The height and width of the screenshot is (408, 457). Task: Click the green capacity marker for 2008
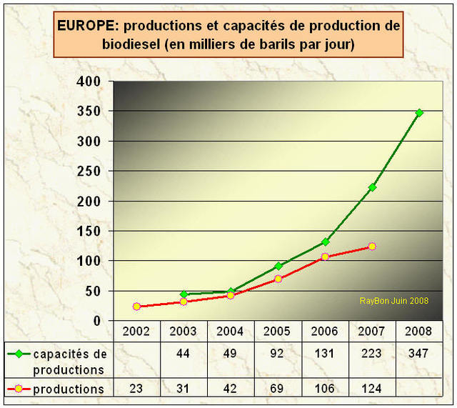[x=419, y=113]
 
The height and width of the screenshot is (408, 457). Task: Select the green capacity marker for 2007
[x=372, y=187]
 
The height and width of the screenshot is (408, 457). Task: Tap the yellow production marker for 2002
[x=136, y=307]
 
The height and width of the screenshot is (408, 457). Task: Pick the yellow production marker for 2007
[x=372, y=247]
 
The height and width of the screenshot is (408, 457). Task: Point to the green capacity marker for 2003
[x=184, y=294]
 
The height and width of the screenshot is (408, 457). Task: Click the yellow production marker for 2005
[x=278, y=279]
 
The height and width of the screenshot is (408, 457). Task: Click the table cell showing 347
[x=419, y=354]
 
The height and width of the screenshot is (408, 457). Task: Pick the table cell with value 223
[x=372, y=354]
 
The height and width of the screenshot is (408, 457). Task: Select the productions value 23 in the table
[x=136, y=389]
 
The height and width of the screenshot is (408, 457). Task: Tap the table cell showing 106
[x=325, y=389]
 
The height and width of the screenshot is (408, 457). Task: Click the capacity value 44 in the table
[x=184, y=354]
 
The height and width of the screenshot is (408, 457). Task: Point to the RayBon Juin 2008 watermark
[x=393, y=301]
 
